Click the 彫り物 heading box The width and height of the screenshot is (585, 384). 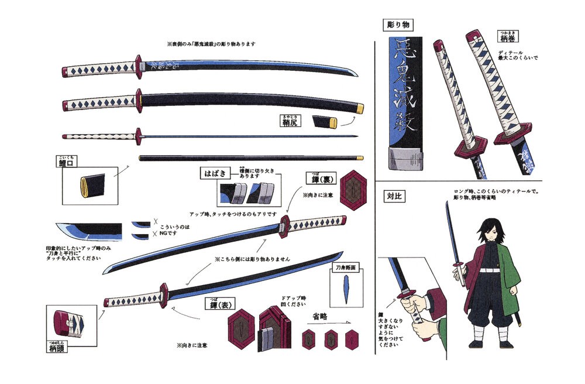(x=398, y=25)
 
